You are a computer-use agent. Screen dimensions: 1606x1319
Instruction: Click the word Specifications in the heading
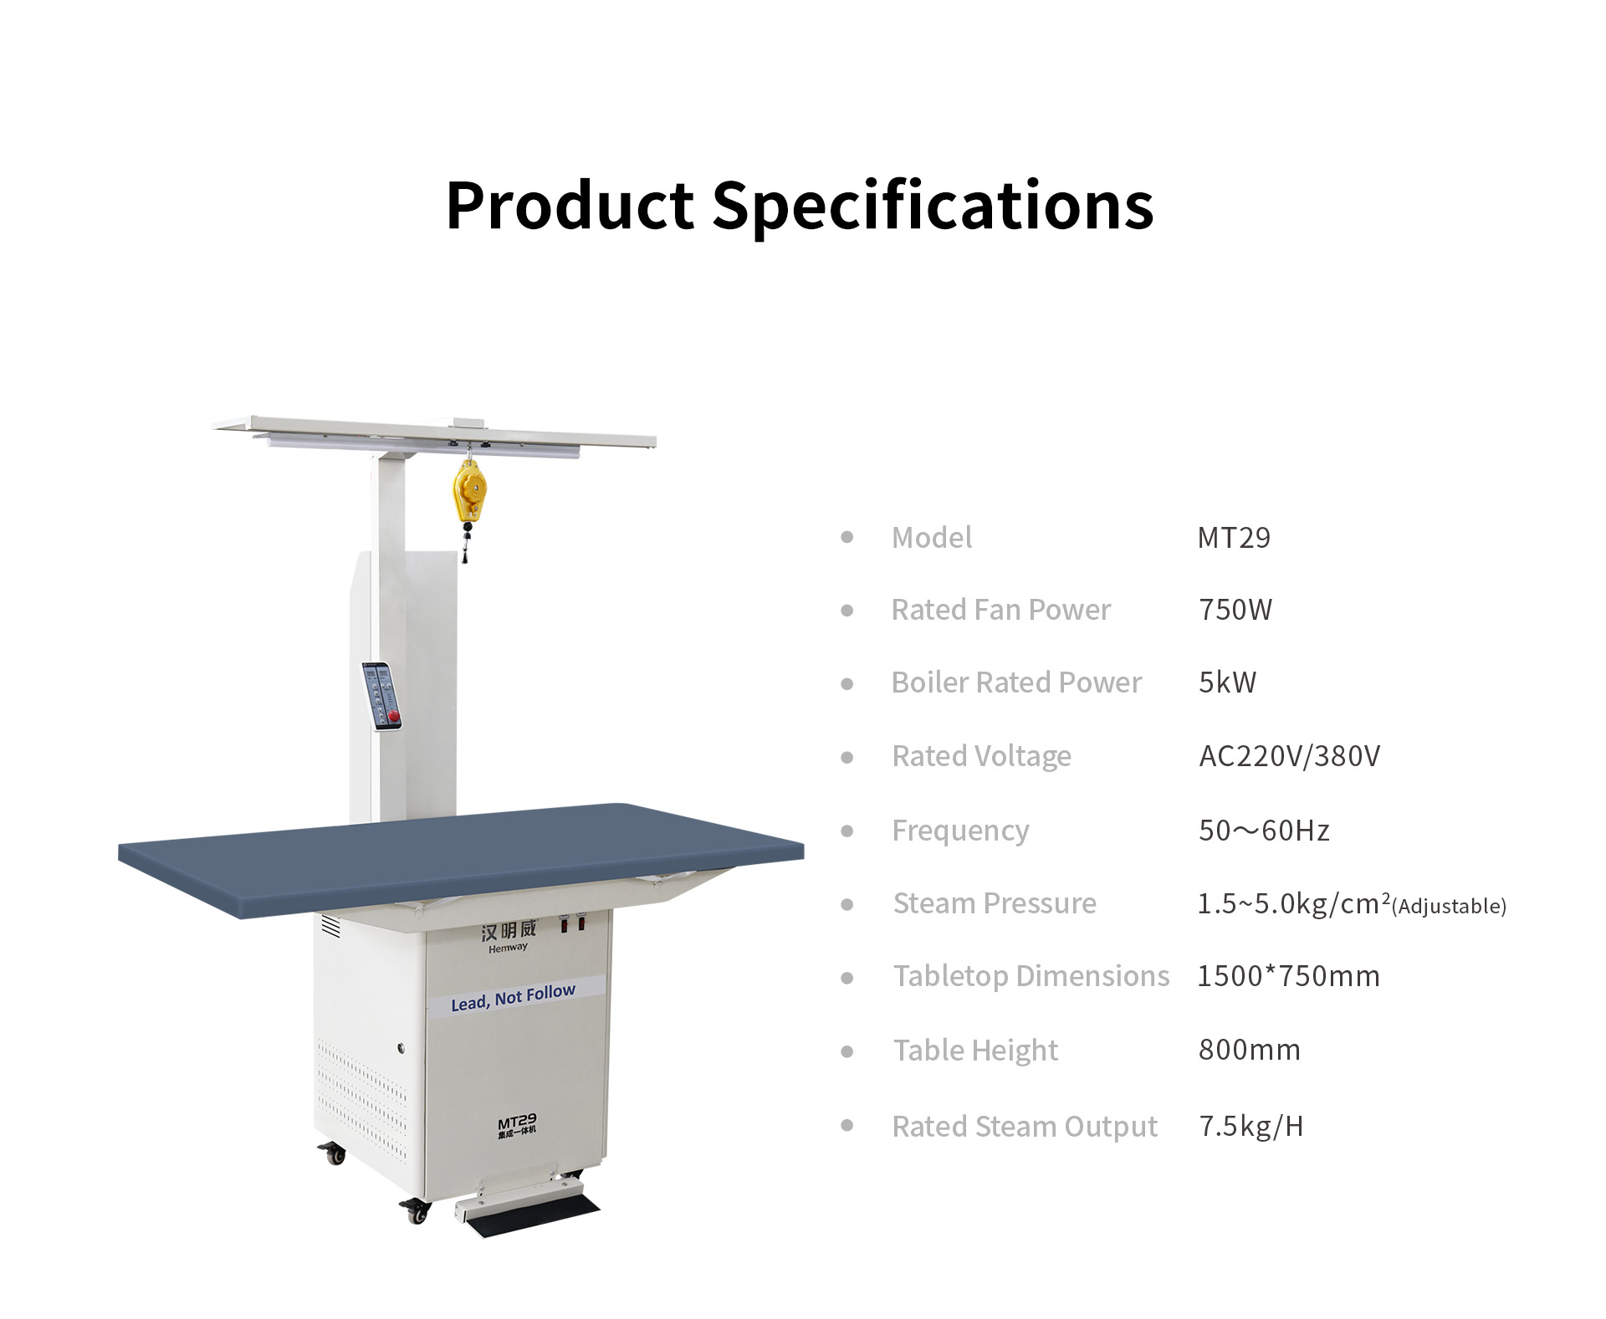pyautogui.click(x=933, y=206)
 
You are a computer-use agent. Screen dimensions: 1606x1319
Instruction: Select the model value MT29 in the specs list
pyautogui.click(x=1234, y=537)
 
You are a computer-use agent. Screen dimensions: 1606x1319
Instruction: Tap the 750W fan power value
pyautogui.click(x=1235, y=610)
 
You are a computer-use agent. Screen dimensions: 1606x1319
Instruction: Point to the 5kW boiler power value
pyautogui.click(x=1227, y=683)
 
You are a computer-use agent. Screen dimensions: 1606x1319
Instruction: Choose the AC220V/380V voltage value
pyautogui.click(x=1289, y=756)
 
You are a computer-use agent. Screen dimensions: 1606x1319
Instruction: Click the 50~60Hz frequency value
pyautogui.click(x=1264, y=831)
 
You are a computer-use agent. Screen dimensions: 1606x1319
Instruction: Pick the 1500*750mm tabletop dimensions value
pyautogui.click(x=1288, y=976)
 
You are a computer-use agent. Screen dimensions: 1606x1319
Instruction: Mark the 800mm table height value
pyautogui.click(x=1250, y=1050)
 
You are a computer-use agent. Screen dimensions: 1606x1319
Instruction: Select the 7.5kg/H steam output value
pyautogui.click(x=1251, y=1127)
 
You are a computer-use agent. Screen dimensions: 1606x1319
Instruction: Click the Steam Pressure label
pyautogui.click(x=995, y=903)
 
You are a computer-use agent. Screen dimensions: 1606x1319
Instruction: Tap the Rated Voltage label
pyautogui.click(x=981, y=757)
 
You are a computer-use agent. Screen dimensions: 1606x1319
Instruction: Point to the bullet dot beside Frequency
pyautogui.click(x=847, y=831)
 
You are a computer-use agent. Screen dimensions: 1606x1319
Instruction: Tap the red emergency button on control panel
pyautogui.click(x=394, y=716)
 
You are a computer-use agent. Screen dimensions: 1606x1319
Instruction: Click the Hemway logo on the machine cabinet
pyautogui.click(x=508, y=936)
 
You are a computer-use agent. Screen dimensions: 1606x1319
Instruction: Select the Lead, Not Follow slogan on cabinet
pyautogui.click(x=513, y=997)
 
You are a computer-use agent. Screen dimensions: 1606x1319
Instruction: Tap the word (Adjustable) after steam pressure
pyautogui.click(x=1450, y=906)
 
